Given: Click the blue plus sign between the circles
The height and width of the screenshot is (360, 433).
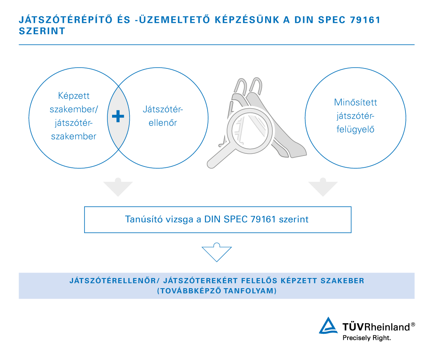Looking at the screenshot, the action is point(118,116).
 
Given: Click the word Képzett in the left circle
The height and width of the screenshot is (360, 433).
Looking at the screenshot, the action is point(74,96).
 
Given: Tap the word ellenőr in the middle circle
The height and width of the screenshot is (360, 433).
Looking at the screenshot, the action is point(163,123).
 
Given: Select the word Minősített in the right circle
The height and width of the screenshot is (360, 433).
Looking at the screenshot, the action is point(355,102).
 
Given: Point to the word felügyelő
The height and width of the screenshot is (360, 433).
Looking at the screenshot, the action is point(355,129).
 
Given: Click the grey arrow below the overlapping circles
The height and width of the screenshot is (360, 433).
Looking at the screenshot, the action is point(118,187).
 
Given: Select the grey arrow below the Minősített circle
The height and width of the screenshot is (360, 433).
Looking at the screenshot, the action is point(323,187).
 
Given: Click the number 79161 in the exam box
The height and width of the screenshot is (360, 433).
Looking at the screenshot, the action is point(263,219).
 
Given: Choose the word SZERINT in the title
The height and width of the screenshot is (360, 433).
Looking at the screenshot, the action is point(42,31).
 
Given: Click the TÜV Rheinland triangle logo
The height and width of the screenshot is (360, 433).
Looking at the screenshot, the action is point(328,326).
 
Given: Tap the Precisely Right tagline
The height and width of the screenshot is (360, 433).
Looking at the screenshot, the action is point(367,338).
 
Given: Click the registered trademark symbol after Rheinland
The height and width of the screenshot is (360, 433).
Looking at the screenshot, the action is point(413,325).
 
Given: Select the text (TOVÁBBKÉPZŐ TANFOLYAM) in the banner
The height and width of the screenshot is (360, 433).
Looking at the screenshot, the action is point(217,291).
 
